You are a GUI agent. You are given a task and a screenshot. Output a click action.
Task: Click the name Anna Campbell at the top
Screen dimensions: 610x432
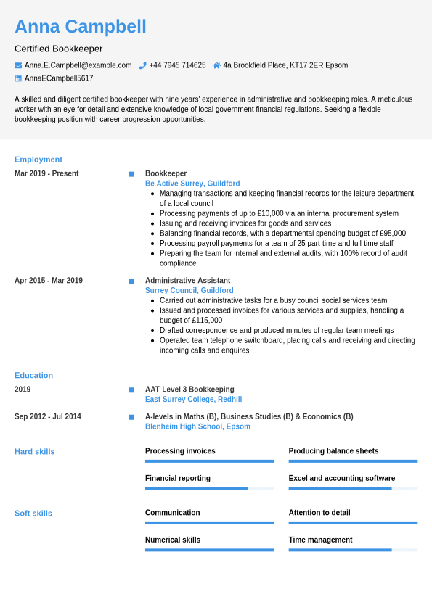(x=80, y=27)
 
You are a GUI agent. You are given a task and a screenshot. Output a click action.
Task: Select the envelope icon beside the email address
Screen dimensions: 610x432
(x=18, y=65)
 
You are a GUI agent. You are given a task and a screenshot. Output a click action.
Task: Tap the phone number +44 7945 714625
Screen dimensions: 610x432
(x=177, y=65)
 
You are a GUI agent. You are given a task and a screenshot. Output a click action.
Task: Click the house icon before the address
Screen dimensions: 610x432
(x=216, y=65)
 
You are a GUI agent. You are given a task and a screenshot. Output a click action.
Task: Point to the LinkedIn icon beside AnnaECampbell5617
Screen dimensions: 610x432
(x=18, y=78)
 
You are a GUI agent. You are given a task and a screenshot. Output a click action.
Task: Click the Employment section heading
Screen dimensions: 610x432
(x=38, y=160)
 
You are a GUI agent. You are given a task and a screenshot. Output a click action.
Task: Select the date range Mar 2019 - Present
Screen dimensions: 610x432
(x=46, y=173)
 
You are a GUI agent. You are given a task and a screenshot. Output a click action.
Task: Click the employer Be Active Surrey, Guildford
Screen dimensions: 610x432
(x=192, y=184)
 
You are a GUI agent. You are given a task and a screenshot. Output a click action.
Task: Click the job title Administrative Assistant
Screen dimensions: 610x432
(x=187, y=281)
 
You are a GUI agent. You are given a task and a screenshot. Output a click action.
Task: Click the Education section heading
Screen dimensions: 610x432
(x=33, y=375)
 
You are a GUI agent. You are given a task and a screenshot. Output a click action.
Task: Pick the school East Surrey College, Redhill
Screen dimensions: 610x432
(x=193, y=400)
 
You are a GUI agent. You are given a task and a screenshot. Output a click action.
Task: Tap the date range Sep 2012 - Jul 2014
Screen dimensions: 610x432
(x=48, y=416)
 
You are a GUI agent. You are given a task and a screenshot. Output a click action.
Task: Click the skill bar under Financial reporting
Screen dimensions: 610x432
(x=209, y=488)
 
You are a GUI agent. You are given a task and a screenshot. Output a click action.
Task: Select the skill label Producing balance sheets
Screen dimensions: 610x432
(x=333, y=451)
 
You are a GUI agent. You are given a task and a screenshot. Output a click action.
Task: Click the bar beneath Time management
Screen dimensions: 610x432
(x=353, y=550)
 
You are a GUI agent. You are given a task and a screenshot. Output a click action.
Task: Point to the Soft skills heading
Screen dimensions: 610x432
(x=33, y=513)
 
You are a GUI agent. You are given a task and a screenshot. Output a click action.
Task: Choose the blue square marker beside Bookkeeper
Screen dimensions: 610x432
(x=131, y=174)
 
